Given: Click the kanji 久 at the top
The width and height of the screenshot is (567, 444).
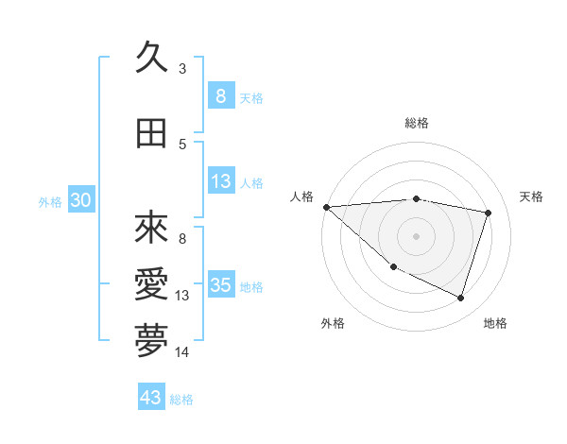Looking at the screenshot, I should point(151,60).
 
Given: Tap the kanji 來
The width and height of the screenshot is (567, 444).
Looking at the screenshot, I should point(151,228).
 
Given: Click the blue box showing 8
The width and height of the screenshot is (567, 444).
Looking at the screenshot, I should point(220,96).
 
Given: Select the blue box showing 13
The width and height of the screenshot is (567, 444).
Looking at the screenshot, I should point(220,181).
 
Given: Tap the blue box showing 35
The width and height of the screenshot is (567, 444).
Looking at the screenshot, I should point(220,285).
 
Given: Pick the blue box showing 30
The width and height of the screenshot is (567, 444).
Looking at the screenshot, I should point(80,200).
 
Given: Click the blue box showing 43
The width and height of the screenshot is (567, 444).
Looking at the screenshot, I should point(151,398).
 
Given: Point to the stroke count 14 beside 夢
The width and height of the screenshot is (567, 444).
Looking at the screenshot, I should point(182,352).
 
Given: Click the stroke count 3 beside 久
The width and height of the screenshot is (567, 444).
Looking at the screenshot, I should point(182,69).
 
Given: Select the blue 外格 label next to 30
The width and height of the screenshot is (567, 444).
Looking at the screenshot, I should point(50,201).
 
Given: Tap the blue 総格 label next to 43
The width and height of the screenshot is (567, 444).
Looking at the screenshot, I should point(181,399).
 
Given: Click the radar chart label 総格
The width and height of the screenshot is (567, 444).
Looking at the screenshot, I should point(416,124).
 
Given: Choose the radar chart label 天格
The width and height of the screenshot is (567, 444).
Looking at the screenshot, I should point(531,196).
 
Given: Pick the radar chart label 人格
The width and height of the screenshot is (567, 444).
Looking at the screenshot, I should point(302,196).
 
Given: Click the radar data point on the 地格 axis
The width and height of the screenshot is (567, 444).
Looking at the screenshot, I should point(460,298).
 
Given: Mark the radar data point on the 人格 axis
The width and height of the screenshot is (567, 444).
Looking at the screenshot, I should point(326,207).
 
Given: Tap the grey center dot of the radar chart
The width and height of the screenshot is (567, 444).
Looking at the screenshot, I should point(416,236).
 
